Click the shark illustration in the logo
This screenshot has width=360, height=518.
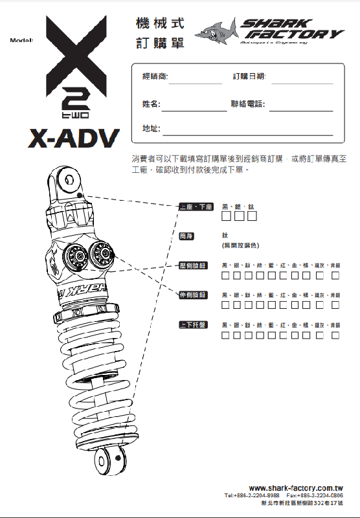(x=217, y=30)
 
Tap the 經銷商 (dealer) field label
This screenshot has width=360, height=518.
(x=155, y=76)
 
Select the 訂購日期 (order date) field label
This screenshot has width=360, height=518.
(x=249, y=76)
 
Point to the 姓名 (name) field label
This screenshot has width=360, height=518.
(x=151, y=104)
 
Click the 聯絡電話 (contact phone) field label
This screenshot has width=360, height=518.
(x=248, y=104)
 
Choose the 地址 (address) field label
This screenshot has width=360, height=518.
(x=151, y=128)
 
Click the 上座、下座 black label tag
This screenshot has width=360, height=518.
(x=196, y=207)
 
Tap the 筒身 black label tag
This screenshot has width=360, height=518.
(x=186, y=236)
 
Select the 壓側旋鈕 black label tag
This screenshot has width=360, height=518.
(x=193, y=265)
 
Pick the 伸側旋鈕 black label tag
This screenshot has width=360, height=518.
(x=193, y=295)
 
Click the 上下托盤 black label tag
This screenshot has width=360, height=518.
(x=193, y=324)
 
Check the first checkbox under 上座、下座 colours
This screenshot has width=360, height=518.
(x=227, y=216)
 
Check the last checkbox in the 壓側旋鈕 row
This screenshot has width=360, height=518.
(x=335, y=276)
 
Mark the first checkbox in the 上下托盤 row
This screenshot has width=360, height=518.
(x=226, y=335)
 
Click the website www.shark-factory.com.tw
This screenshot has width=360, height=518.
(x=295, y=488)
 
